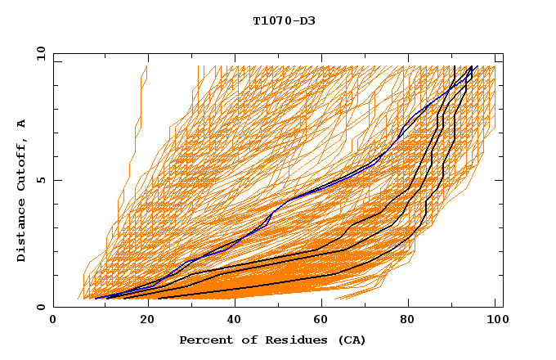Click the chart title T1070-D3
(x=284, y=21)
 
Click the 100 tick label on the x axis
(x=495, y=320)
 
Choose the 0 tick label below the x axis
(x=54, y=320)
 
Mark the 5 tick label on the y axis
(x=40, y=180)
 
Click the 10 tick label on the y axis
(x=38, y=53)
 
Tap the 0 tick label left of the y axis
(x=40, y=307)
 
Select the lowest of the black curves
(x=245, y=287)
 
